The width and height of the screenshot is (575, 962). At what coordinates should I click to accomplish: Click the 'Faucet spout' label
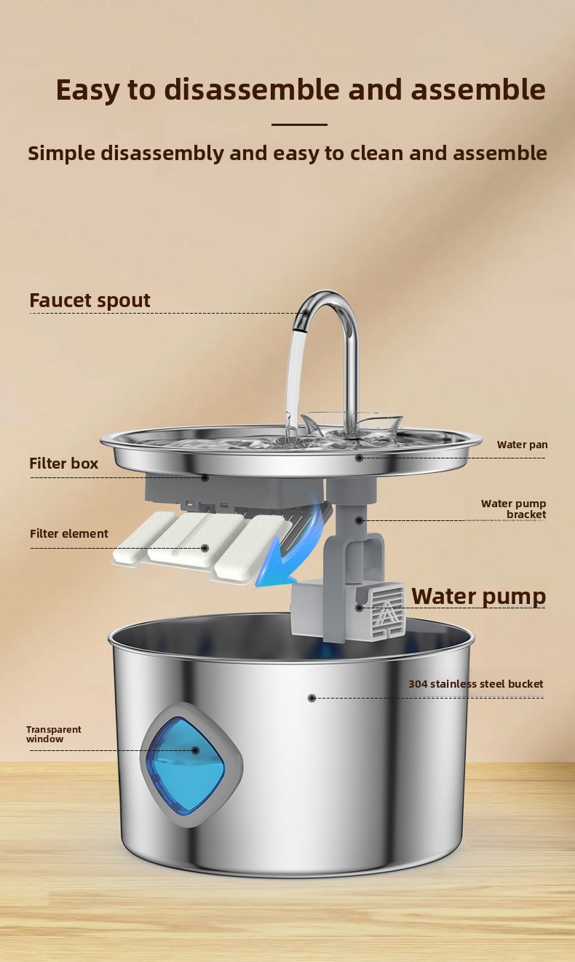point(90,301)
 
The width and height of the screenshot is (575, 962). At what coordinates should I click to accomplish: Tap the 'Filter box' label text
point(63,464)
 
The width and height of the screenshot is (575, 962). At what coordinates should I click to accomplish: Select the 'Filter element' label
point(68,534)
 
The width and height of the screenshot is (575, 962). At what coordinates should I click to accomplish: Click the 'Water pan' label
point(522,445)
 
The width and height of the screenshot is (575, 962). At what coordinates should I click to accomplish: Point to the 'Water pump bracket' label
point(514,509)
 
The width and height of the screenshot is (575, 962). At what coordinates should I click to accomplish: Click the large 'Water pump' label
point(479,596)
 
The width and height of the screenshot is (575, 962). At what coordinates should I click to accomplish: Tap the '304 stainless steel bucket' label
point(476,684)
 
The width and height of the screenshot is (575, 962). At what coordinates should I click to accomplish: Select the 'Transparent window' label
point(53,734)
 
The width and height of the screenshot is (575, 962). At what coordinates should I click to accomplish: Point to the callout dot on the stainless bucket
point(312,699)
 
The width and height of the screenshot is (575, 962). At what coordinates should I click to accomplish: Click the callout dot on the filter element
point(205,549)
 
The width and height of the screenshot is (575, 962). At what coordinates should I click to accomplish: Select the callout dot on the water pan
point(360,458)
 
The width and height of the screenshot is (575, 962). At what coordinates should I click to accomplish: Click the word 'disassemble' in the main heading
point(253,90)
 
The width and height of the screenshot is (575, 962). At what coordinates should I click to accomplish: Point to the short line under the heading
point(299,124)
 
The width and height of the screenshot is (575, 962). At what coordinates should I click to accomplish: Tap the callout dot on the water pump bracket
point(360,520)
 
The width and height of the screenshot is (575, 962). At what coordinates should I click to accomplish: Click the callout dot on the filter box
point(205,477)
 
